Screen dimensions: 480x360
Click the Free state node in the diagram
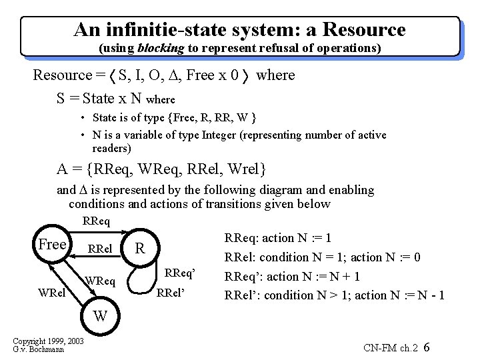(52, 245)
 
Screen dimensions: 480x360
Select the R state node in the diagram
(139, 249)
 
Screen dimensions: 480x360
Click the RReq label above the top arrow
(97, 221)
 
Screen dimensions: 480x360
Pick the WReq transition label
(100, 282)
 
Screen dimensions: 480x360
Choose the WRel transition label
(51, 291)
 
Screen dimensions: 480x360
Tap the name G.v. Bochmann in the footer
(38, 350)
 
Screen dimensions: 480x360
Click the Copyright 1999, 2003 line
(47, 342)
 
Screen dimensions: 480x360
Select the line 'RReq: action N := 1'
(279, 238)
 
